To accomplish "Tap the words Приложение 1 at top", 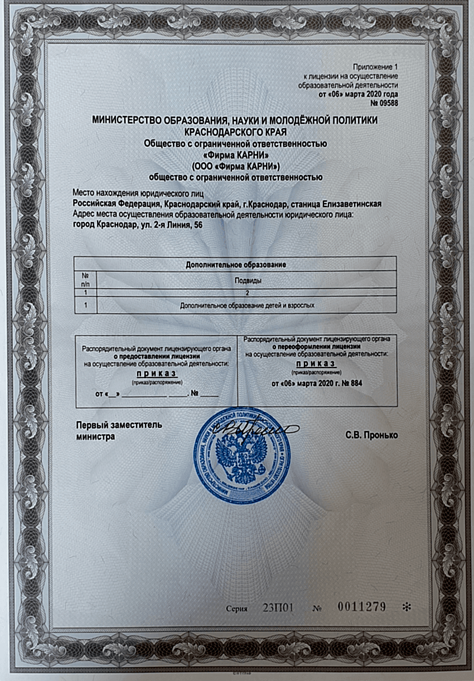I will pyautogui.click(x=373, y=67).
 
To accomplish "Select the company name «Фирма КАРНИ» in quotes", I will pyautogui.click(x=235, y=154).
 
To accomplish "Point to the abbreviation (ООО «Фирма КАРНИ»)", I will pyautogui.click(x=235, y=166).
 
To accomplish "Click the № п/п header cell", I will pyautogui.click(x=85, y=279).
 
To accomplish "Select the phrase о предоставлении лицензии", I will pyautogui.click(x=156, y=355).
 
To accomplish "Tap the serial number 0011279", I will pyautogui.click(x=361, y=606).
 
